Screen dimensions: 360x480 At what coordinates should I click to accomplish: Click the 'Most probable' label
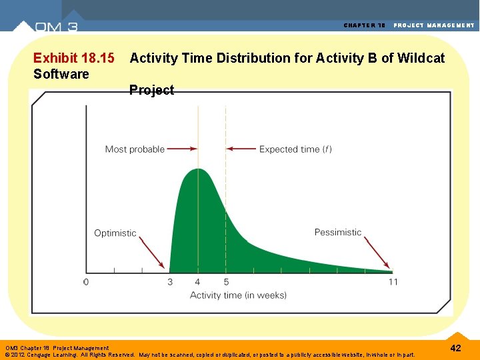point(135,149)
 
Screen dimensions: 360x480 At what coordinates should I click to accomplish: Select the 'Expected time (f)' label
point(295,149)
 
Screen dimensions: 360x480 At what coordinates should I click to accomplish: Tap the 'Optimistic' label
point(115,233)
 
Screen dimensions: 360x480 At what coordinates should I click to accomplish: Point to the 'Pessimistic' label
point(338,233)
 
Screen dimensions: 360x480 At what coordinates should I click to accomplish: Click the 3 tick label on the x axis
point(170,282)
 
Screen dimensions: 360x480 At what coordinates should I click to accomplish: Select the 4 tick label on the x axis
point(197,282)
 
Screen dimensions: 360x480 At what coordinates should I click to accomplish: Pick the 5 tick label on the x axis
point(226,282)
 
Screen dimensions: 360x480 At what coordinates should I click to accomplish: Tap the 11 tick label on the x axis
point(393,282)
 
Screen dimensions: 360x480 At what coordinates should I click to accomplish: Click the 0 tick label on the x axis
point(86,282)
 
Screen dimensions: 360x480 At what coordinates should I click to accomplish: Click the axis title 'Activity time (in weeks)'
point(238,295)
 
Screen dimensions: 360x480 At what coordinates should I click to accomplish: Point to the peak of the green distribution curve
point(198,169)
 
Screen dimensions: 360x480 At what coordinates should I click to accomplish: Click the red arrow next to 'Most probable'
point(182,149)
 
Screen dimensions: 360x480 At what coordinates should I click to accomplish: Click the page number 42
point(455,348)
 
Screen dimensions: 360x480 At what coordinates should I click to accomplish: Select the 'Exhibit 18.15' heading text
point(73,58)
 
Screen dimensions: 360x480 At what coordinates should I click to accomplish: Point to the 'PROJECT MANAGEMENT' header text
point(434,25)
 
